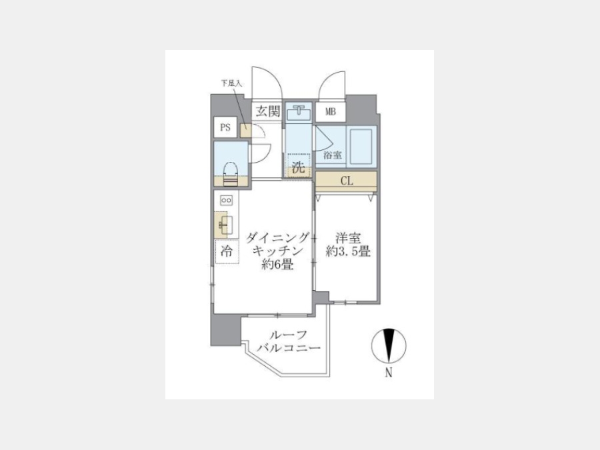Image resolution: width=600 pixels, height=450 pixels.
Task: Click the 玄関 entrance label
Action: pos(268,111)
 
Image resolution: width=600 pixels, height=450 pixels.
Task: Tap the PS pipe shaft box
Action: pos(225,127)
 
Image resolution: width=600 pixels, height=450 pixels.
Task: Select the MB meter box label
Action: pos(330,112)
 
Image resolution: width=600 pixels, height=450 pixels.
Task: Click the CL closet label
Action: pos(347,181)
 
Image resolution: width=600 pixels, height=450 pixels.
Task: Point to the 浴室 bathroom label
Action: pos(332,155)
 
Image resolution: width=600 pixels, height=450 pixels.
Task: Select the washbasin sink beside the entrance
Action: pos(299,112)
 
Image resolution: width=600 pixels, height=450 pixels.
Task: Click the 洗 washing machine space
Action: pos(299,165)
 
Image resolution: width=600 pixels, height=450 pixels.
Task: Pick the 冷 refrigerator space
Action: pos(227,251)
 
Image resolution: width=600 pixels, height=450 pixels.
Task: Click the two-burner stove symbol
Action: pos(226,200)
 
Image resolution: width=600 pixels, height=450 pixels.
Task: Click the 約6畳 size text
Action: pos(277,264)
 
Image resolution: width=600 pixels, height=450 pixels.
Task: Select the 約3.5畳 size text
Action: pos(348,251)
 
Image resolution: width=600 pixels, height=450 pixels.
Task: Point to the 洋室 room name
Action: pos(348,239)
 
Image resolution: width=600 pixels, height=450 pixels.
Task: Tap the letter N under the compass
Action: pos(389,372)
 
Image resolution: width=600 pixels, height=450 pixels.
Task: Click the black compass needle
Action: pos(389,345)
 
